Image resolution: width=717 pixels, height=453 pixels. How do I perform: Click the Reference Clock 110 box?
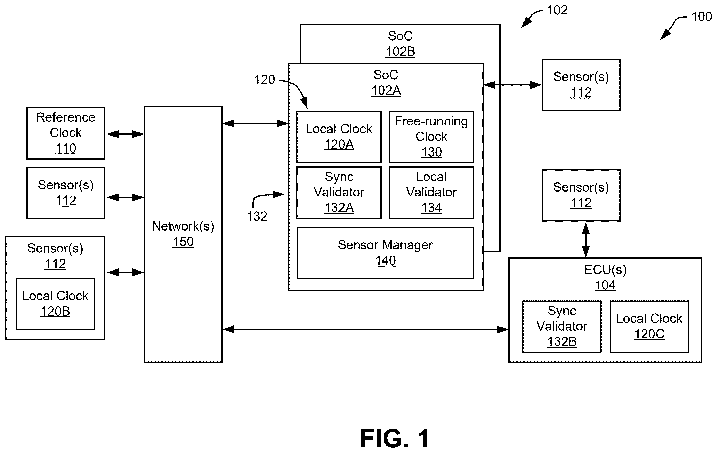66,133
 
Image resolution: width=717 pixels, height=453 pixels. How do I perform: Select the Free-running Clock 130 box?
431,137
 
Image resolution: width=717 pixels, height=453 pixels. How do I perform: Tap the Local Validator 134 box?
431,193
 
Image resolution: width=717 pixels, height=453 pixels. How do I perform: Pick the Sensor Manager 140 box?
385,253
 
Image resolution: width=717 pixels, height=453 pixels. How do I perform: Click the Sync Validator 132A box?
339,193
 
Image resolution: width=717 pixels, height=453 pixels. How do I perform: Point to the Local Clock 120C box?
649,327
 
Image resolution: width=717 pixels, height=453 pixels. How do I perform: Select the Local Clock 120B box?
55,304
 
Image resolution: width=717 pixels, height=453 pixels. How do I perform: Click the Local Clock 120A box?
339,137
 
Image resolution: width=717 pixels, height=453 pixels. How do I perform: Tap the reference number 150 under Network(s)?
183,242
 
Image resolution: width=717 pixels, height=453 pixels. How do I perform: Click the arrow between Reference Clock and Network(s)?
125,134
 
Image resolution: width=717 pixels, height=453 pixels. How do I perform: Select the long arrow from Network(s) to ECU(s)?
365,329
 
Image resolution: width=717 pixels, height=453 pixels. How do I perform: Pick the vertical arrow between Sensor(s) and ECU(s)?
586,240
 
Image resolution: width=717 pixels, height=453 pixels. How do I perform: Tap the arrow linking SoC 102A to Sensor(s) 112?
512,85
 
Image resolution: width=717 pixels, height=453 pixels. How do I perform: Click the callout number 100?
701,17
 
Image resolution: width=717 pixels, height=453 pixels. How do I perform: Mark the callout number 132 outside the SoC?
257,216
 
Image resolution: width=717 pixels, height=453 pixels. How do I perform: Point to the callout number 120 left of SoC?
264,80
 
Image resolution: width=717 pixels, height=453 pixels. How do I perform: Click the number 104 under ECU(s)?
605,285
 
